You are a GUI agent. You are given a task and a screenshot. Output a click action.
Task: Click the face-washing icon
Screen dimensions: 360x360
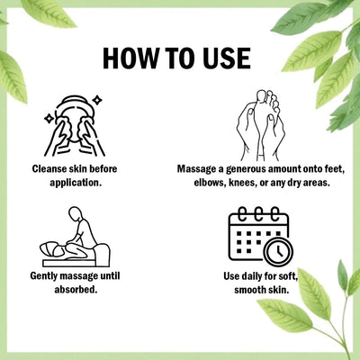pos(75,126)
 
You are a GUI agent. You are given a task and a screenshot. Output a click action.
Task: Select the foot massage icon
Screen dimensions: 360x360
pos(260,125)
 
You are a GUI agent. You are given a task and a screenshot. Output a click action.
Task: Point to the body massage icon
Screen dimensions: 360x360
pos(75,237)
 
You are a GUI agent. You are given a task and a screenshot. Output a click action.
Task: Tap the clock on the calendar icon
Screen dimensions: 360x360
pos(278,252)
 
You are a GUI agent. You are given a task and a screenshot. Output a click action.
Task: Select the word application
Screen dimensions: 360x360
pos(76,183)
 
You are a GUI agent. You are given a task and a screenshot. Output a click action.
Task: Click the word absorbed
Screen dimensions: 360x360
pos(76,290)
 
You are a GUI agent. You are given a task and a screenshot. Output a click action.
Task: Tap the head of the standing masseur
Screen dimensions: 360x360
pos(75,213)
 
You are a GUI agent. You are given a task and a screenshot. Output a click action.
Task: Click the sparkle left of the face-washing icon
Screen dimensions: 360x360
pos(49,119)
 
